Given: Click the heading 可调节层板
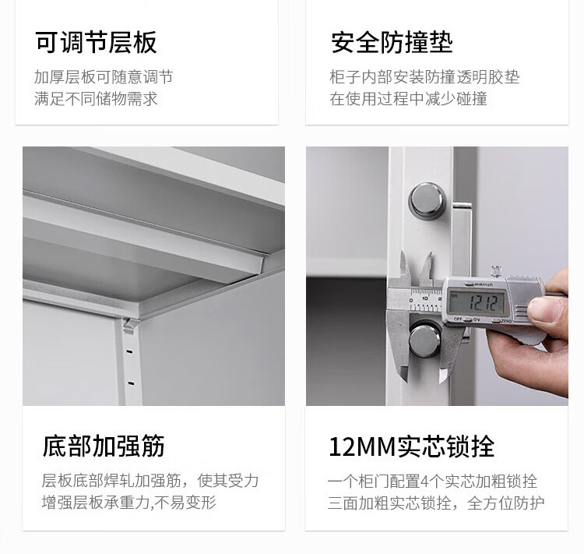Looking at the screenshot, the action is click(x=96, y=43).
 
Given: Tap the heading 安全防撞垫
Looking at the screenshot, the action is click(x=392, y=43).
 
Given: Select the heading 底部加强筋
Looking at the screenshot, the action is click(x=103, y=446).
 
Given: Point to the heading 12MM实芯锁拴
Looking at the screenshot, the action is click(x=412, y=446).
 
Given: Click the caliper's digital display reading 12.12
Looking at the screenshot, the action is click(x=477, y=303).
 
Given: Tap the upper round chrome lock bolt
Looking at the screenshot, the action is click(x=427, y=200).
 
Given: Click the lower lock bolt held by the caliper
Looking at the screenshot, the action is click(x=425, y=341).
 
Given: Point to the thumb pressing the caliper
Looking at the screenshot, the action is click(x=547, y=309).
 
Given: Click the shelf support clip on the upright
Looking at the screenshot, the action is click(x=130, y=326).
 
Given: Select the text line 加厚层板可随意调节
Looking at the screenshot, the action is click(x=104, y=77).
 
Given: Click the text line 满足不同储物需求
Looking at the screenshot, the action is click(x=96, y=99).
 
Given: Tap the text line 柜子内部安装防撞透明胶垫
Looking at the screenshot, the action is click(x=424, y=77).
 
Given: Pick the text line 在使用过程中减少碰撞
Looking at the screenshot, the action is click(x=409, y=99).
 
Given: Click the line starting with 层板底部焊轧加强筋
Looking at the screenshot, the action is click(x=150, y=481).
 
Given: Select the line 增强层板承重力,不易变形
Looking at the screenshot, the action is click(x=128, y=502).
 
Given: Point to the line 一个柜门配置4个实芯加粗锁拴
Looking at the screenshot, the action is click(x=432, y=482).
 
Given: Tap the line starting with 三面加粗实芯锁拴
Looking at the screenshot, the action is click(x=436, y=503).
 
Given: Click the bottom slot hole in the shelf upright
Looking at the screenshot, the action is click(x=131, y=383).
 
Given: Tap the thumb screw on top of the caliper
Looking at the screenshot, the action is click(x=496, y=271).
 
